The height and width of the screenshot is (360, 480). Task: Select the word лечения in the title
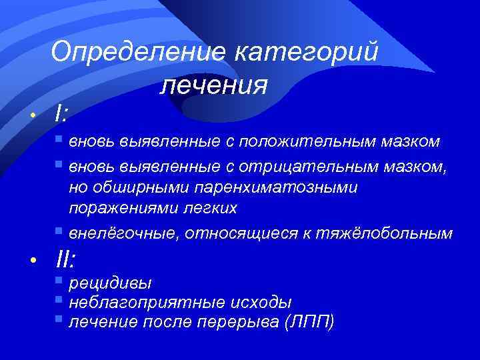pyautogui.click(x=214, y=85)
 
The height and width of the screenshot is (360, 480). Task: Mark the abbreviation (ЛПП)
pyautogui.click(x=309, y=323)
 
